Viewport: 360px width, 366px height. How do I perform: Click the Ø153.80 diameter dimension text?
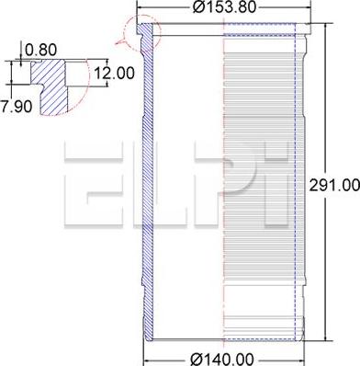tap(224, 7)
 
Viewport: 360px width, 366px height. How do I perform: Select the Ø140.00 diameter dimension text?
tap(222, 359)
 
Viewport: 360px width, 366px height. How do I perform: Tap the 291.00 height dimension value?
tap(334, 185)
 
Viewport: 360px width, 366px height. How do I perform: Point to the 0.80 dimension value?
tap(40, 50)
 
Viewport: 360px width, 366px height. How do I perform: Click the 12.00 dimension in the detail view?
tap(114, 74)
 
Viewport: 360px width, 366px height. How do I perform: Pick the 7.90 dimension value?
tap(16, 107)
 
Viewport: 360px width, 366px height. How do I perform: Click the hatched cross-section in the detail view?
tap(51, 86)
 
